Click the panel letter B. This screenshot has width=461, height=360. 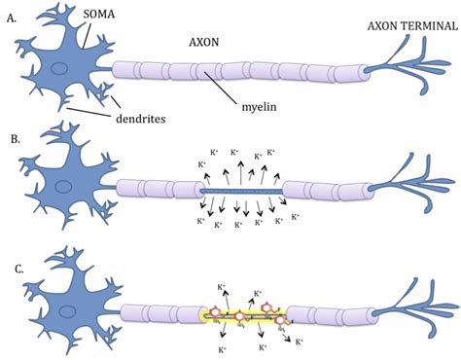(x=12, y=138)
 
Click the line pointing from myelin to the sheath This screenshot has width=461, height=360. (x=244, y=92)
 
